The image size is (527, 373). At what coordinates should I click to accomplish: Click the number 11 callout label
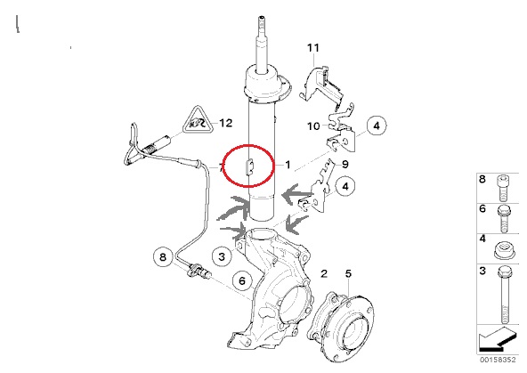tap(313, 48)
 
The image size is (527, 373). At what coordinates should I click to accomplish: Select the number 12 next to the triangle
tap(226, 123)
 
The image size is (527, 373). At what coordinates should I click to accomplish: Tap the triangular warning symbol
tap(198, 121)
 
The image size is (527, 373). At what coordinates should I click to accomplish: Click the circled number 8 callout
tap(163, 257)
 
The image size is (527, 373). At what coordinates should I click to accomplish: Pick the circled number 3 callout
tap(222, 256)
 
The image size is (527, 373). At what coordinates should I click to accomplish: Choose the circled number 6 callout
tap(243, 280)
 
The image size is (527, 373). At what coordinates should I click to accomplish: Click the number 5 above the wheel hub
tap(348, 273)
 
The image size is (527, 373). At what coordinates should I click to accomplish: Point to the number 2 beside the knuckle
tap(324, 273)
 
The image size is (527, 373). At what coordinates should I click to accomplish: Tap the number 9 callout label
tap(345, 165)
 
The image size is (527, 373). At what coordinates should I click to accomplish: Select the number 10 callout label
tap(313, 126)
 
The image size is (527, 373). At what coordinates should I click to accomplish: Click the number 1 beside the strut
tap(288, 165)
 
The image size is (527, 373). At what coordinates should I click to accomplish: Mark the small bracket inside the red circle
tap(250, 166)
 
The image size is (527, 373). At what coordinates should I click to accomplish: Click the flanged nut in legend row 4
tap(503, 251)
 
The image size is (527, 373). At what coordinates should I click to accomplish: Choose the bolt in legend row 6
tap(503, 218)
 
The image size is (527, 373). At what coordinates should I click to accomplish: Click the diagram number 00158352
tap(498, 360)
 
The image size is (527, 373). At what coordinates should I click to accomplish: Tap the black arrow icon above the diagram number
tap(498, 339)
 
